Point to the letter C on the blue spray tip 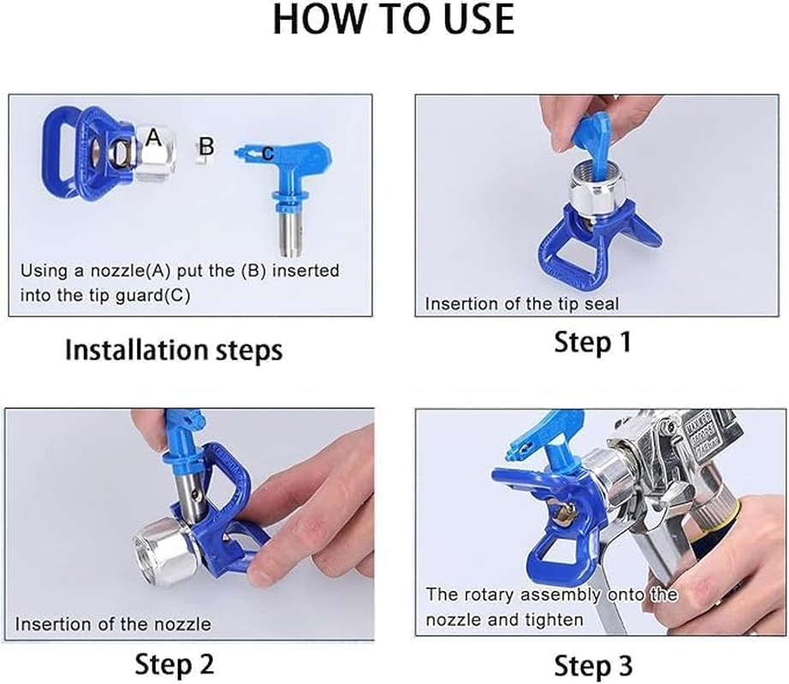click(267, 154)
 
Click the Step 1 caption click(592, 343)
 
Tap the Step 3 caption click(593, 665)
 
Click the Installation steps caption click(174, 350)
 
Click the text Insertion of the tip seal click(521, 304)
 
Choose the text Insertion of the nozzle click(113, 624)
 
